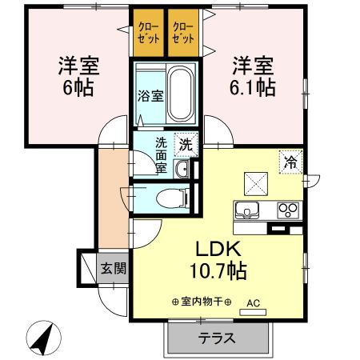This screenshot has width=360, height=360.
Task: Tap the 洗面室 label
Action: pos(161,156)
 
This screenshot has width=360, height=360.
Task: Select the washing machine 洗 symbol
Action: pos(185,146)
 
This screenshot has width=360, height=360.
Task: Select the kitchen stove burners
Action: pos(286,210)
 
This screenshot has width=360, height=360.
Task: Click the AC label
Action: pos(253,303)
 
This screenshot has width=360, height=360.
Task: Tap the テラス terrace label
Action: pos(217,338)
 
